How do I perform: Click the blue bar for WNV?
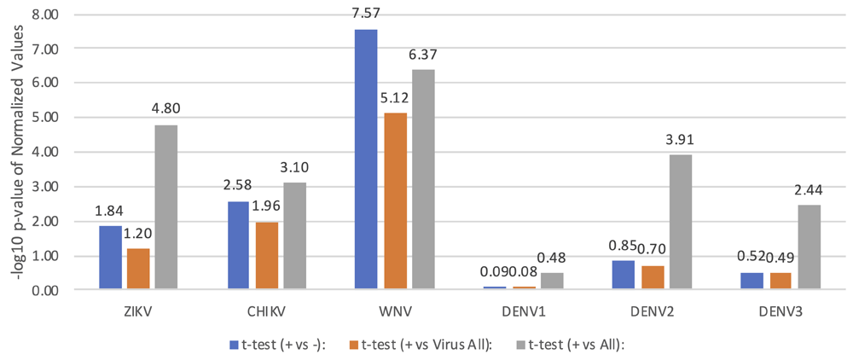366,160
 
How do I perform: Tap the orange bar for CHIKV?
266,256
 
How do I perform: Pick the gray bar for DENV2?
680,223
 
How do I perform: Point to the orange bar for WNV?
394,201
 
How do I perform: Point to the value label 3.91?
681,143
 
